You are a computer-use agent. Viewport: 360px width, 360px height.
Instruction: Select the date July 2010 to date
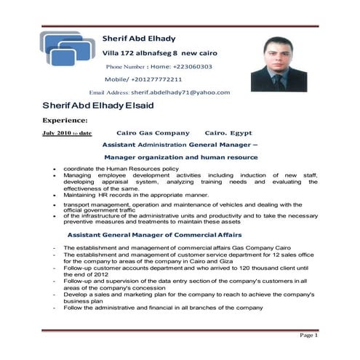click(67, 134)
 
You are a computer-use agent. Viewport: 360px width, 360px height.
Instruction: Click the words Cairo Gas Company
click(153, 134)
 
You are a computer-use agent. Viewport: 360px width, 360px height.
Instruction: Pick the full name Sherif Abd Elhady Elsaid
click(97, 105)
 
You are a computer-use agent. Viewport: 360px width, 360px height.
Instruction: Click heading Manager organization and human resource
click(181, 157)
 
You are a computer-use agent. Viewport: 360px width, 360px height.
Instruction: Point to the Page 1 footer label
click(308, 336)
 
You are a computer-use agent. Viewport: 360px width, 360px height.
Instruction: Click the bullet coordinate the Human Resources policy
click(121, 169)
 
